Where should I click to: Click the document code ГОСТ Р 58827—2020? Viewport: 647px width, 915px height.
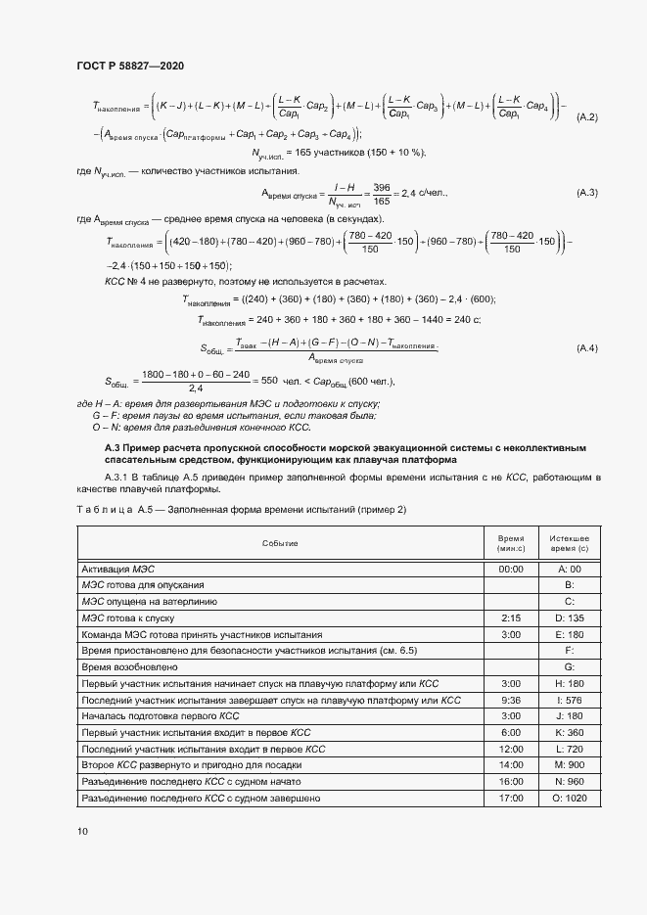tap(129, 66)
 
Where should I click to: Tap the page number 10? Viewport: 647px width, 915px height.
tap(81, 832)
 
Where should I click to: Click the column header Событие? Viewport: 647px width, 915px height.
tap(280, 543)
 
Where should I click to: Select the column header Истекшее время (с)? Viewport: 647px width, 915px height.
tap(569, 543)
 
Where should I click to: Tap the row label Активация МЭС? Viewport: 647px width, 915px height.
tap(117, 568)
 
